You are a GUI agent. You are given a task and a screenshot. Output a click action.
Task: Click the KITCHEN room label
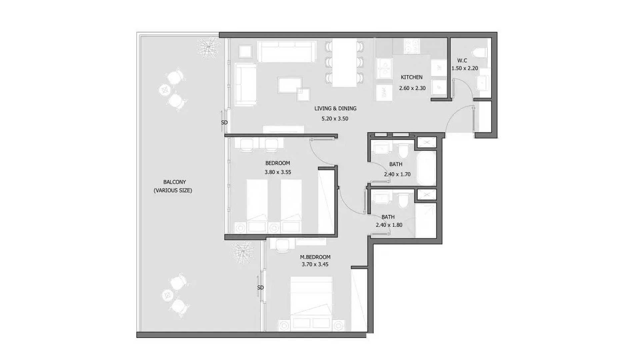click(411, 77)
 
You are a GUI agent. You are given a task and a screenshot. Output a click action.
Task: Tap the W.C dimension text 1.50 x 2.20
click(465, 68)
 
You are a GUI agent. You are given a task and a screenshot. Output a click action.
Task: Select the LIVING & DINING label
click(335, 108)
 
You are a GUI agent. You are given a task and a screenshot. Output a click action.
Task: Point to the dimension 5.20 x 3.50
click(335, 119)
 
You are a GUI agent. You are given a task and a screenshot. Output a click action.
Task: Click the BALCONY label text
click(174, 182)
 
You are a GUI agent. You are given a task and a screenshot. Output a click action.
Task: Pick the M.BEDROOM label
click(315, 257)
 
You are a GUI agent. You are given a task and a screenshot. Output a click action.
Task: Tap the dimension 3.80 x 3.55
click(278, 172)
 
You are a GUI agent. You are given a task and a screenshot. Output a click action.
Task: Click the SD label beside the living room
click(224, 123)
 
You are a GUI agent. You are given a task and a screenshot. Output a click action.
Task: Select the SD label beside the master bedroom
click(260, 288)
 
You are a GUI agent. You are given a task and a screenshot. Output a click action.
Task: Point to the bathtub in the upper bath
click(426, 168)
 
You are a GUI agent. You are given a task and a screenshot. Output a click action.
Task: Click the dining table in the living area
click(344, 62)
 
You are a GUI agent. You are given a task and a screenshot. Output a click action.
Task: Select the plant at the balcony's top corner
click(208, 48)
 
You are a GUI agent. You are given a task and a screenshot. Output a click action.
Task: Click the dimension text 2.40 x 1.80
click(389, 225)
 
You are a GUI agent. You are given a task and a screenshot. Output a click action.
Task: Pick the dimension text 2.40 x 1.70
click(397, 174)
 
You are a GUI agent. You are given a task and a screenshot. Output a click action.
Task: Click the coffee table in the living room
click(290, 85)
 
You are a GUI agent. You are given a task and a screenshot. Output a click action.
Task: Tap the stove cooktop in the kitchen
click(412, 46)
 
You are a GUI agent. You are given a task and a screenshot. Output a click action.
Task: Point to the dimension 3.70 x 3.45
click(315, 264)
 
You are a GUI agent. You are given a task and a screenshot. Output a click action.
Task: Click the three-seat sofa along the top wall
click(287, 52)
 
